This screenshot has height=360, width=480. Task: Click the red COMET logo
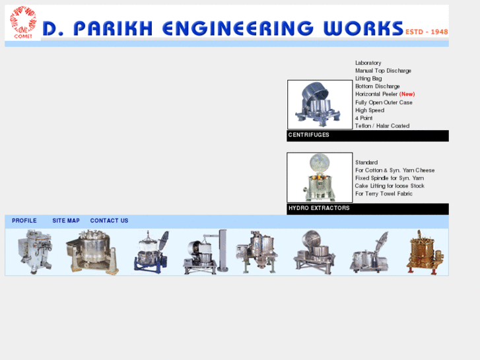tap(23, 22)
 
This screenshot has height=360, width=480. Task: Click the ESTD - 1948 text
tap(427, 32)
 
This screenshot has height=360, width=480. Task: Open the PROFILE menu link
tap(24, 221)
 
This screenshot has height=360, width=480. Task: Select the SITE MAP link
tap(66, 221)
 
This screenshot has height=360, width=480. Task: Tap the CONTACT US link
tap(109, 221)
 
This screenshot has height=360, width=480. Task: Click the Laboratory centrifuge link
tap(368, 63)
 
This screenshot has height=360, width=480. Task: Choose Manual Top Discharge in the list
tap(383, 71)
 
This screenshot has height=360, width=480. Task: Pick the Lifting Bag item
tap(368, 79)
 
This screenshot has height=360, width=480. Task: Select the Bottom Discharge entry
tap(377, 87)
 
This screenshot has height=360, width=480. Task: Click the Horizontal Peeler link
tap(376, 94)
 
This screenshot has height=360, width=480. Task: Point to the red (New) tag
tap(407, 94)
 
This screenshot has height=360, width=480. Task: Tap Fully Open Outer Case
tap(384, 102)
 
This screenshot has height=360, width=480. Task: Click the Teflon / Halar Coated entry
tap(382, 126)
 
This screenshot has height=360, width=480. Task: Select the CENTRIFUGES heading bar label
tap(309, 135)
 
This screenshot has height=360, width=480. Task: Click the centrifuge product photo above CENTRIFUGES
tap(320, 104)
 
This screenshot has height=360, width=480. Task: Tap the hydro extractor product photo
tap(320, 177)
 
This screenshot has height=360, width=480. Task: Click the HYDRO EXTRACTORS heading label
tap(319, 209)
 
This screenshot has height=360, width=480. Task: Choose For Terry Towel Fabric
tap(384, 194)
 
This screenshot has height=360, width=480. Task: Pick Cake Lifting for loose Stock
tap(390, 186)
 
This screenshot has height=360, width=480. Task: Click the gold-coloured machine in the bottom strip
tap(425, 252)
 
